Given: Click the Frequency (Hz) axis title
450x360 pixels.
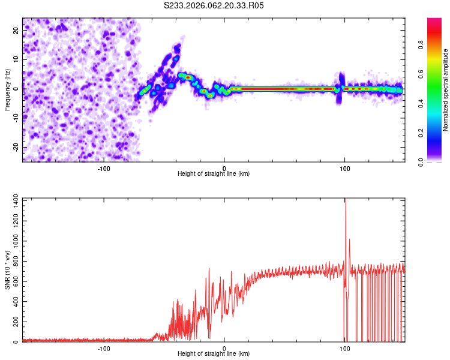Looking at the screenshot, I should tap(7, 90).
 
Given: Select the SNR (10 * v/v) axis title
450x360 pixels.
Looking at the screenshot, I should tap(7, 270).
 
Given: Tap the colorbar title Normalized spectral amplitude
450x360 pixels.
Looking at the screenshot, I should tap(446, 90).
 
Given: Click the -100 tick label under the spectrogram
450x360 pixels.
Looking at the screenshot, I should tap(104, 167).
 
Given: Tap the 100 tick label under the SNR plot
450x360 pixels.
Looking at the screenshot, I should tap(345, 348).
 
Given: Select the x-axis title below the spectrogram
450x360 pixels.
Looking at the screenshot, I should tap(214, 174).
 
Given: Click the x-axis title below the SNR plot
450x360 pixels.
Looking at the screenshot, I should tap(214, 354).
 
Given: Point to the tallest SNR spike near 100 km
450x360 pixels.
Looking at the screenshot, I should tap(346, 200).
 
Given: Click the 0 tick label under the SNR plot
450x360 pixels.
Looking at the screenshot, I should tap(224, 348).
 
